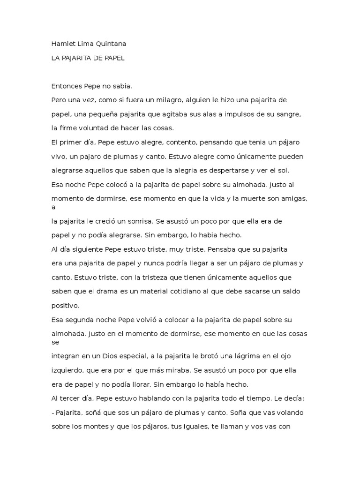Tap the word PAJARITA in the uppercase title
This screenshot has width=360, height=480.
(78, 58)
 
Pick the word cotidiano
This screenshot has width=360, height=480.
(180, 291)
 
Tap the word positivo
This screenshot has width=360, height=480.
(66, 305)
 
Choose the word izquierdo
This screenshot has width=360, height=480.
(68, 370)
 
